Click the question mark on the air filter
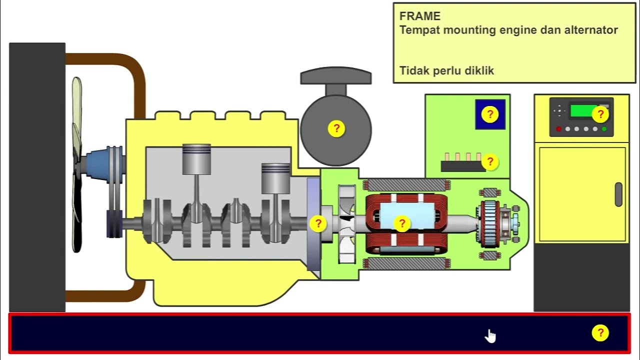[x=336, y=128]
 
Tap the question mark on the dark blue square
[x=490, y=114]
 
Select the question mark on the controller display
[x=600, y=114]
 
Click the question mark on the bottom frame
[x=600, y=333]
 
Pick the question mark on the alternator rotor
[x=402, y=224]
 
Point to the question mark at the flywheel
[x=318, y=223]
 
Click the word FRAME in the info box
[x=420, y=16]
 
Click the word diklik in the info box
[x=479, y=70]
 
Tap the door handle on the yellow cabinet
[x=618, y=194]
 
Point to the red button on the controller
[x=559, y=129]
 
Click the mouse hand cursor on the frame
[x=490, y=336]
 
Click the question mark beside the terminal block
[x=490, y=161]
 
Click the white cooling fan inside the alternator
[x=346, y=223]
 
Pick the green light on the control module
[x=604, y=129]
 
